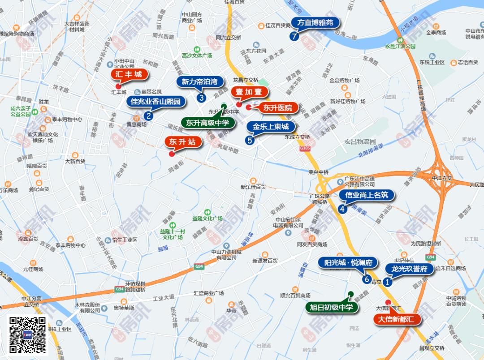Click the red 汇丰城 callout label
pyautogui.click(x=129, y=74)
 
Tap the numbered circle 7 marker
pyautogui.click(x=294, y=37)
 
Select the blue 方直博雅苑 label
pyautogui.click(x=315, y=22)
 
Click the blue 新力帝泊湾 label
pyautogui.click(x=199, y=81)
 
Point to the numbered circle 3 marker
pyautogui.click(x=201, y=98)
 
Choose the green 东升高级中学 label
pyautogui.click(x=207, y=122)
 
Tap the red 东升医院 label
pyautogui.click(x=277, y=107)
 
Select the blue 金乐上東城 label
pyautogui.click(x=268, y=127)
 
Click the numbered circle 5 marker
pyautogui.click(x=250, y=140)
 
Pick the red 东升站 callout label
pyautogui.click(x=183, y=142)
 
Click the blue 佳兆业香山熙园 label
pyautogui.click(x=156, y=102)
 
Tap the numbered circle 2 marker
pyautogui.click(x=148, y=116)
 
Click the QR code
pyautogui.click(x=28, y=335)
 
